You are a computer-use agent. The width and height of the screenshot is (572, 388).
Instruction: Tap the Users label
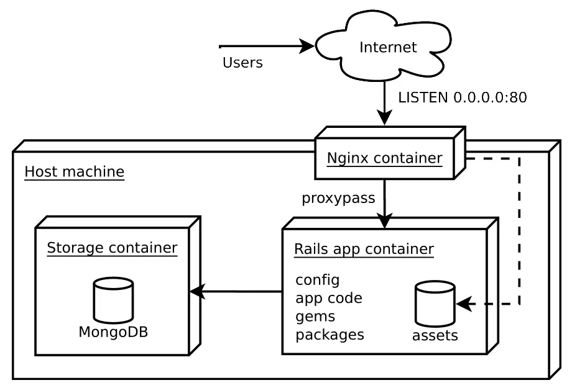[242, 63]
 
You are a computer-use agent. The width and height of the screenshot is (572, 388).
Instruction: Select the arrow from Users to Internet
[267, 46]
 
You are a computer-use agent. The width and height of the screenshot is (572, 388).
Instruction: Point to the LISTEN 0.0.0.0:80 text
[462, 97]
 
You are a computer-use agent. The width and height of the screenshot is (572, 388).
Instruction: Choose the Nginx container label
[384, 158]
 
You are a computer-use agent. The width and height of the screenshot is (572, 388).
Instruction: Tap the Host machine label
[74, 171]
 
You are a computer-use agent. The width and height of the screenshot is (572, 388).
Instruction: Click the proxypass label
[338, 198]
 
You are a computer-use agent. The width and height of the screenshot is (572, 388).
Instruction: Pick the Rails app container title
[364, 250]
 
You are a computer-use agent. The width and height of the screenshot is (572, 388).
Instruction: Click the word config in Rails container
[318, 280]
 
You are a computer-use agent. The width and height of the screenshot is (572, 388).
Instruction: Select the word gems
[315, 317]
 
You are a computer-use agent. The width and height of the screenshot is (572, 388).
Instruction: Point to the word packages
[330, 335]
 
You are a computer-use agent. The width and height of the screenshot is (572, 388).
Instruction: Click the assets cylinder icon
[435, 304]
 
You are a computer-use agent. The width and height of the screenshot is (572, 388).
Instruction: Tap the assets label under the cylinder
[435, 336]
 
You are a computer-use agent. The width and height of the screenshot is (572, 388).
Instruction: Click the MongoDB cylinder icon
[113, 300]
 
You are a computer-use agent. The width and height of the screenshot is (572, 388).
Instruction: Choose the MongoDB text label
[113, 332]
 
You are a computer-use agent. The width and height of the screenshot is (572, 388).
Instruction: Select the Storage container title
[112, 248]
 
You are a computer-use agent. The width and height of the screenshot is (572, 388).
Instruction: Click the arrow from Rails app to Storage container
[236, 291]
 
